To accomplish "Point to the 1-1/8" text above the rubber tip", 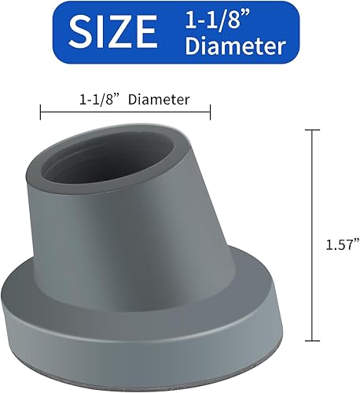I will tap(100, 101).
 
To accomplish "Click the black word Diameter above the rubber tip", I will tap(160, 101).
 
